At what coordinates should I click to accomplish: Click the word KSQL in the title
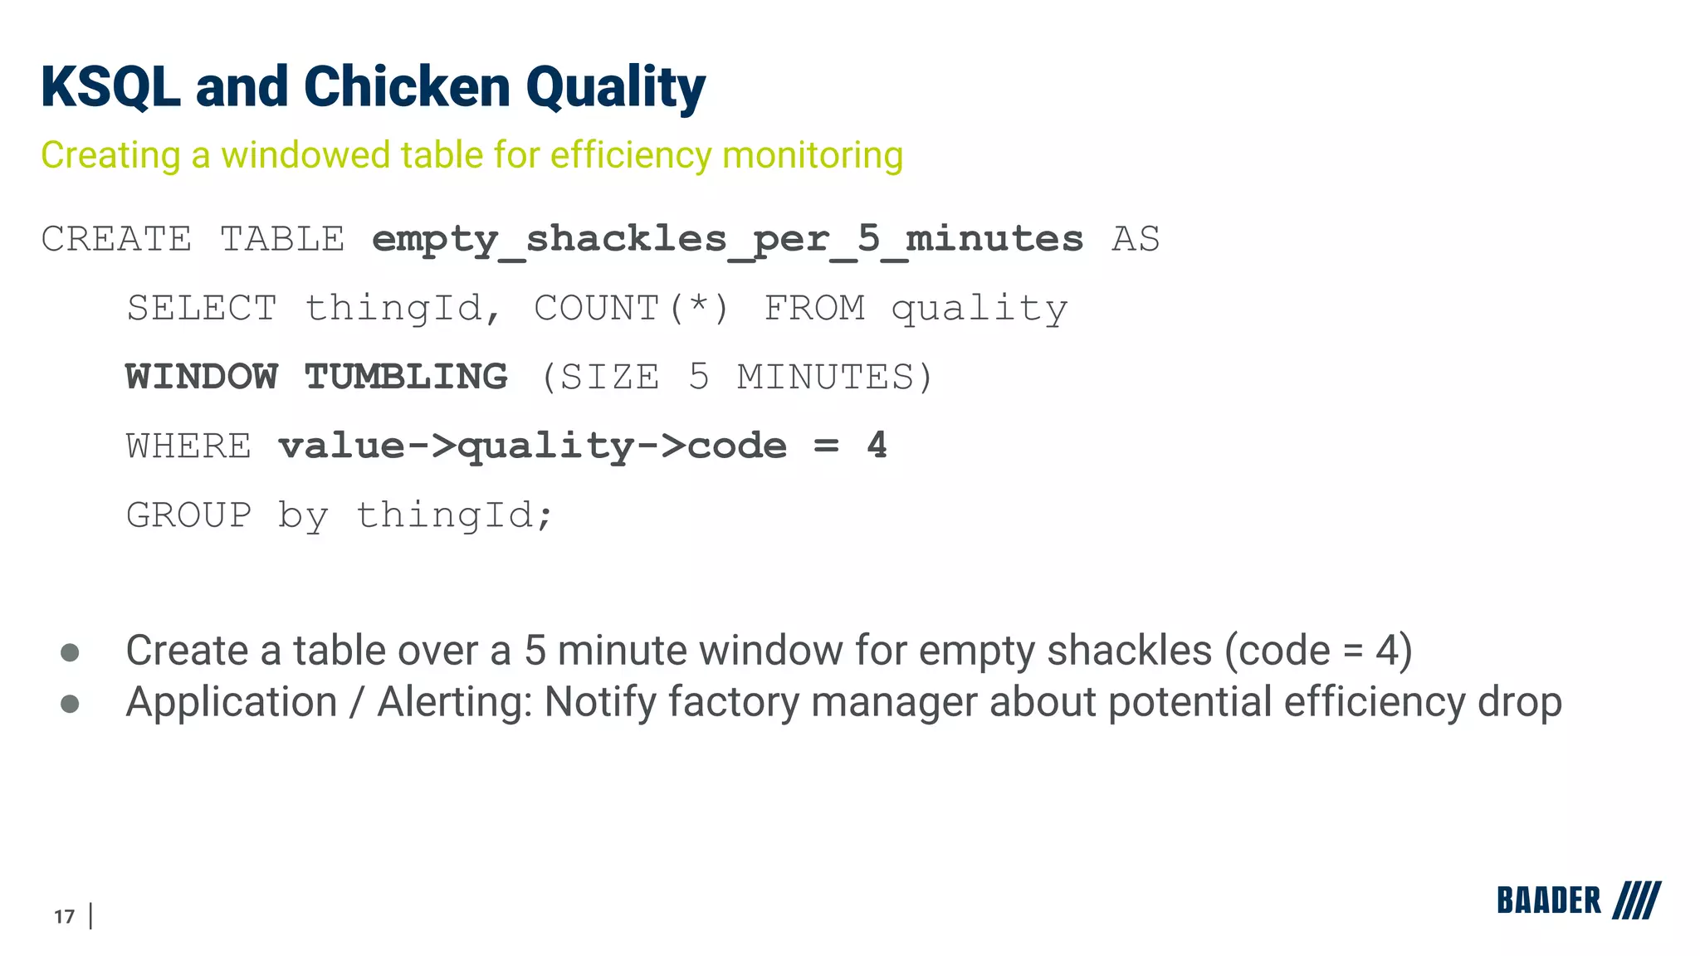(110, 87)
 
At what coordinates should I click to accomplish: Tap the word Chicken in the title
(407, 87)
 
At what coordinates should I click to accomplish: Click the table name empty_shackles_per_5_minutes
(727, 240)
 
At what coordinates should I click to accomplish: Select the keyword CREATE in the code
(116, 240)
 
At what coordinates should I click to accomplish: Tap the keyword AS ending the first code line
(1136, 240)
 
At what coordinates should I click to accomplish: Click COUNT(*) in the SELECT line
(631, 309)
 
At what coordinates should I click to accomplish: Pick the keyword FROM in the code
(814, 309)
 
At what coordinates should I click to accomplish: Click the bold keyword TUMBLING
(406, 378)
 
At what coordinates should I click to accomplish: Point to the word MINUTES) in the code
(835, 378)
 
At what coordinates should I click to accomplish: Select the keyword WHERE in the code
(188, 446)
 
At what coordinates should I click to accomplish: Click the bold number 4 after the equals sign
(877, 446)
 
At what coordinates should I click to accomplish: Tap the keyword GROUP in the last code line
(188, 515)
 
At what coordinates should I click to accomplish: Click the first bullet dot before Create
(71, 652)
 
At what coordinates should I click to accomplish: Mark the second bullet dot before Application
(71, 704)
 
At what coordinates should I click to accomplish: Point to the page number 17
(64, 916)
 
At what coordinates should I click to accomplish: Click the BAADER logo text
(1548, 900)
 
